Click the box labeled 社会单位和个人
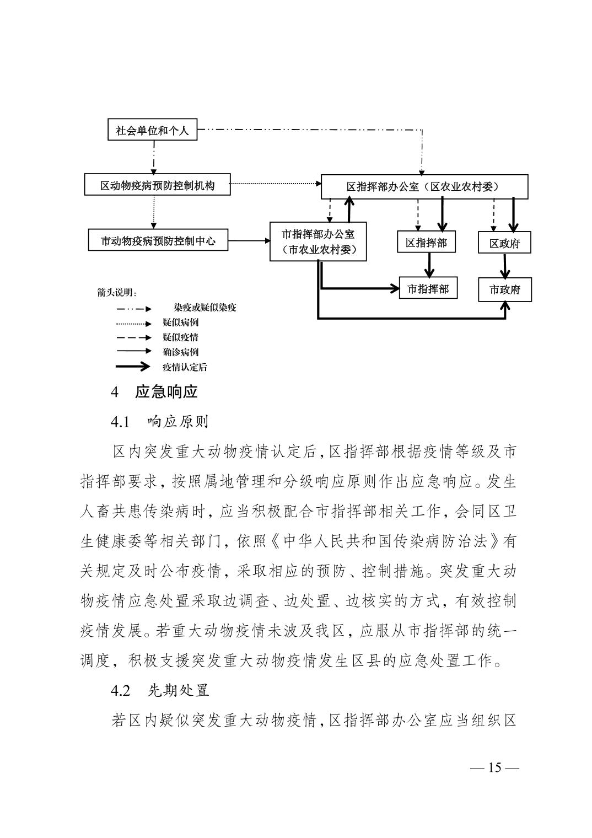(x=152, y=130)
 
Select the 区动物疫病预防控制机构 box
(x=157, y=184)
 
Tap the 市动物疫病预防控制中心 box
(x=158, y=240)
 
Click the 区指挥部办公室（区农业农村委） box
(x=424, y=186)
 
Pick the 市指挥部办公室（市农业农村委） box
(x=318, y=241)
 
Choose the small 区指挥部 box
(x=426, y=241)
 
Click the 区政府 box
(x=504, y=243)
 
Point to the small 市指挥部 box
(x=428, y=288)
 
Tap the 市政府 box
(x=505, y=289)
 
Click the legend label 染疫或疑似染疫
(x=205, y=308)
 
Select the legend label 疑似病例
(x=180, y=323)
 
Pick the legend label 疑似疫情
(x=180, y=337)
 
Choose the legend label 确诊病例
(x=180, y=352)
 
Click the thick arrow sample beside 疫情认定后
(x=133, y=367)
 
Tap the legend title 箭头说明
(x=116, y=292)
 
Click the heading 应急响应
(x=166, y=392)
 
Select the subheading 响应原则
(x=178, y=422)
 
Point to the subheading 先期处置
(x=178, y=690)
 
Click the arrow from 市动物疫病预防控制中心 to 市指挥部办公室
(x=249, y=240)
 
